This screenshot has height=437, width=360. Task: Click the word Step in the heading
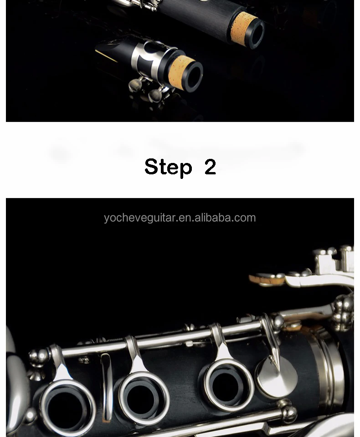click(x=168, y=167)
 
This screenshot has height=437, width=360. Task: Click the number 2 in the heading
click(x=210, y=167)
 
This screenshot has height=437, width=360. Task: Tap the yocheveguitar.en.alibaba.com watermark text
click(x=180, y=218)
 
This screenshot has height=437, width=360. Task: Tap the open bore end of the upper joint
click(x=255, y=33)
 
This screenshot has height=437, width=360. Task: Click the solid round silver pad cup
click(x=277, y=377)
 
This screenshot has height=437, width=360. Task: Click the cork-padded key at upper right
click(x=267, y=279)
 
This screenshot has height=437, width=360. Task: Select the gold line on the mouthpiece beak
click(x=106, y=56)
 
